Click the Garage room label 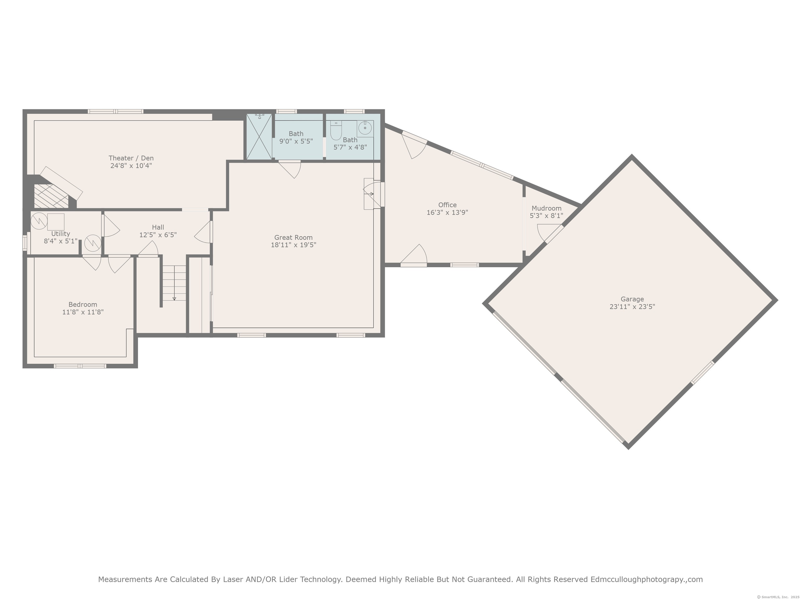(x=632, y=299)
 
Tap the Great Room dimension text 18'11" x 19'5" (x=293, y=245)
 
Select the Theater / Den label (x=131, y=158)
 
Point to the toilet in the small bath (x=336, y=130)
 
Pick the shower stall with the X (x=259, y=136)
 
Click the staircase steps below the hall (x=174, y=283)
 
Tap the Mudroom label (x=547, y=208)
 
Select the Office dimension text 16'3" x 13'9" (x=447, y=212)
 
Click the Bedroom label (x=83, y=304)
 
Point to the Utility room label (x=60, y=234)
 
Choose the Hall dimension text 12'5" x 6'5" (x=158, y=235)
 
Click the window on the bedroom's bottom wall (x=80, y=366)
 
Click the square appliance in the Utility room (x=56, y=222)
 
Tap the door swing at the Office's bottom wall (x=414, y=255)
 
